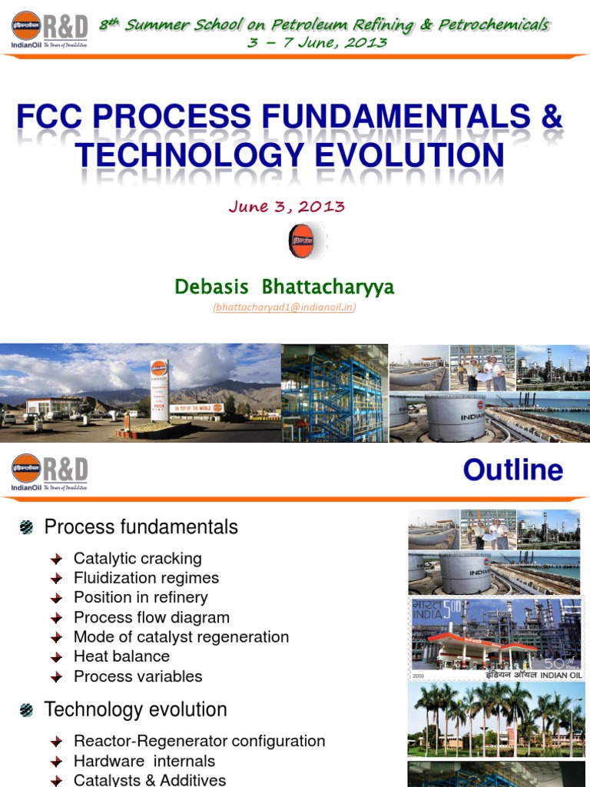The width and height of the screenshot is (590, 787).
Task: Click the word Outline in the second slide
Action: (x=512, y=470)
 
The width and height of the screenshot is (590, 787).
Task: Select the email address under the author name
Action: (x=284, y=307)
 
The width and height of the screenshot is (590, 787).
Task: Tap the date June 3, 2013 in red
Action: (x=287, y=207)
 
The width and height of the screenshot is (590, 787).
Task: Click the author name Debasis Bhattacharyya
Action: (x=284, y=287)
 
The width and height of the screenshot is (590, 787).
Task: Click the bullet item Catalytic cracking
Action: (x=138, y=559)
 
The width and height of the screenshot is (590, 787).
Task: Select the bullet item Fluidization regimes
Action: (x=146, y=578)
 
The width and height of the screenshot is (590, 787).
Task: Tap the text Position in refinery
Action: (x=141, y=597)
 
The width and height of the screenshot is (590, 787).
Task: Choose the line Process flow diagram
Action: (x=151, y=617)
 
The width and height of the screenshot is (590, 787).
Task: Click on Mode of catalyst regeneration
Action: (x=181, y=637)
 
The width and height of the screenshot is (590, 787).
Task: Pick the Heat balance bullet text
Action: (x=121, y=656)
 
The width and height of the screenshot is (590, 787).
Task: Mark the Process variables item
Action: (x=138, y=676)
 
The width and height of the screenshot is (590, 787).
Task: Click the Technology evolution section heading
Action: (x=135, y=709)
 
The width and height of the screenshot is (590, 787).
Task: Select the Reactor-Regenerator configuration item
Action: (x=199, y=742)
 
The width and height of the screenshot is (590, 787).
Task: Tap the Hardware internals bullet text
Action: (x=144, y=762)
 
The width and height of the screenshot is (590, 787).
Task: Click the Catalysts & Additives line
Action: (x=150, y=780)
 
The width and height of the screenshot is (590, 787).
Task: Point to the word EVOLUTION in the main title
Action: (x=399, y=156)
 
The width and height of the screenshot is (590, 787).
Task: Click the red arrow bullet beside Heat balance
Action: (x=56, y=657)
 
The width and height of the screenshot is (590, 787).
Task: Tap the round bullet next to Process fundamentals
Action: (x=27, y=527)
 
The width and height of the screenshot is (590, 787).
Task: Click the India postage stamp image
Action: (x=496, y=637)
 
